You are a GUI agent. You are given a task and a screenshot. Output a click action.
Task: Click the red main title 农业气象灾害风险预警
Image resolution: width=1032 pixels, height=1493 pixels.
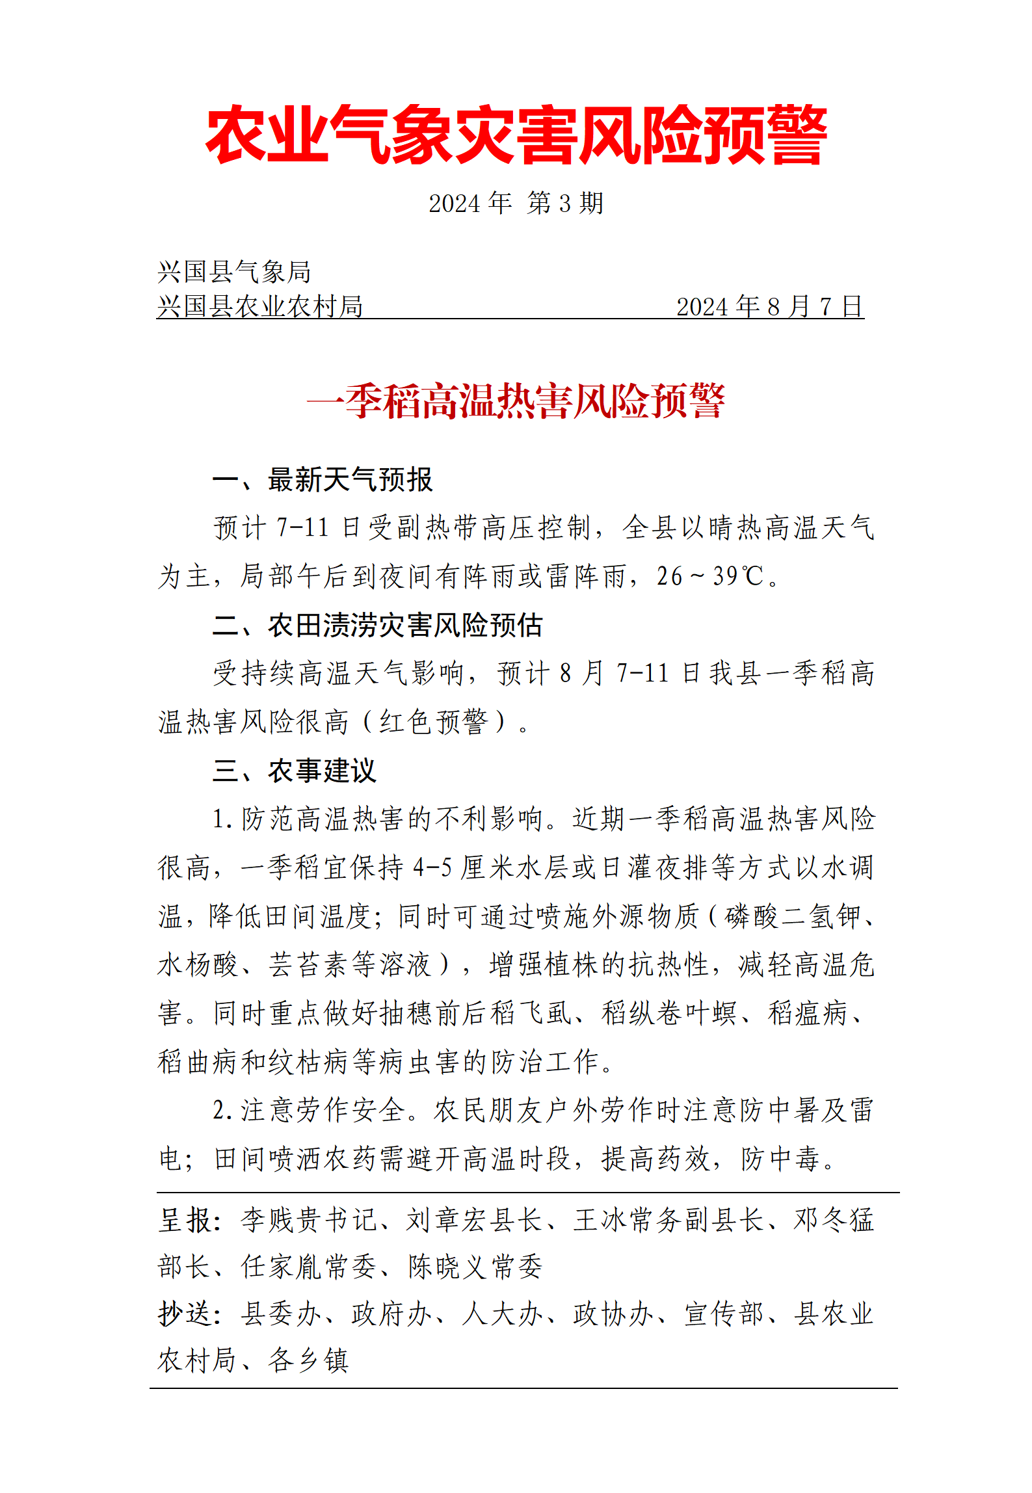[516, 135]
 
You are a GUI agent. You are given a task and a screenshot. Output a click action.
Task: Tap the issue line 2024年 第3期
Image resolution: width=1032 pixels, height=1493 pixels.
[516, 203]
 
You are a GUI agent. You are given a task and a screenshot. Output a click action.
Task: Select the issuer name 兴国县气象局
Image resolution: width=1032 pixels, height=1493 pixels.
[234, 272]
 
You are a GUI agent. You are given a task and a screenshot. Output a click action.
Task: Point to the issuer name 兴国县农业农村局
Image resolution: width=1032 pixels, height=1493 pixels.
[260, 306]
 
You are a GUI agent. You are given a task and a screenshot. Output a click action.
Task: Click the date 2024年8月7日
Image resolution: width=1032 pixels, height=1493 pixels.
[769, 306]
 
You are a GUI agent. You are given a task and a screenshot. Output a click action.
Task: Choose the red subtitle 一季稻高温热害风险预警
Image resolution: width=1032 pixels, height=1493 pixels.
[516, 401]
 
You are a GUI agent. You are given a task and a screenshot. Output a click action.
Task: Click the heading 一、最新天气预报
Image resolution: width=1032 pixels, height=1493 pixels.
[323, 480]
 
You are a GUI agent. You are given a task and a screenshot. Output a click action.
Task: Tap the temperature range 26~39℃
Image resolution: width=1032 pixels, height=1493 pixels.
[709, 576]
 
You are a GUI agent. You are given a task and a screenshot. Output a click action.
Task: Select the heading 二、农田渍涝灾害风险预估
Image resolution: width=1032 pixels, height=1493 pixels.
[377, 625]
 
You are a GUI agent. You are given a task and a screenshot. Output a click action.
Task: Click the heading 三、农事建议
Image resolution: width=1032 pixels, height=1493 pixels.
[295, 771]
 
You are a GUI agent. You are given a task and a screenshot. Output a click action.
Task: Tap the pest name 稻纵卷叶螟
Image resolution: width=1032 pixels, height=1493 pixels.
[669, 1013]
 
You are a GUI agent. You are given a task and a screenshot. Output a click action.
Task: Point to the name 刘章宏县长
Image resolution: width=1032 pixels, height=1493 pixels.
[475, 1220]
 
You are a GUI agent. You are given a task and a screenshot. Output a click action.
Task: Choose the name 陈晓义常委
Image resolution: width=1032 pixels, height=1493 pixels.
[475, 1267]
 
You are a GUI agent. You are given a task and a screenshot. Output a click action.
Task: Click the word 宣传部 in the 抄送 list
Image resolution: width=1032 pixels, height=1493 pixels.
[724, 1314]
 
